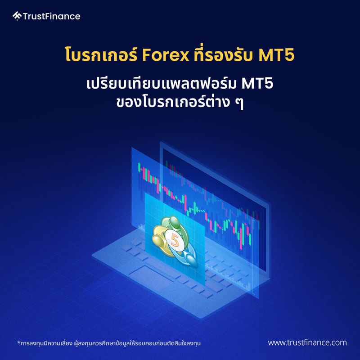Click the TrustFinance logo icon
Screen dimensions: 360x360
17,17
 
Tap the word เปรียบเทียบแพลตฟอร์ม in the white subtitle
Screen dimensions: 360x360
161,84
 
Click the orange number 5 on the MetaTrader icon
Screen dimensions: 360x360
174,239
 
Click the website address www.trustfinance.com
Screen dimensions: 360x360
307,343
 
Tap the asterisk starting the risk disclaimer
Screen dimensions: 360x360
18,342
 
